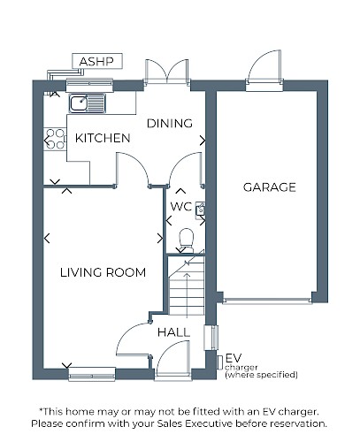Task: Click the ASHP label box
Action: (x=97, y=61)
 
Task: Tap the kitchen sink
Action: (x=88, y=103)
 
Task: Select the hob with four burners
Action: (x=55, y=140)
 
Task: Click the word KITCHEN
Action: (x=103, y=138)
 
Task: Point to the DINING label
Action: (x=170, y=124)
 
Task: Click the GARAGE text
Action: (x=270, y=187)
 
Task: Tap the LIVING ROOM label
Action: (x=103, y=272)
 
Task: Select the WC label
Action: (x=181, y=207)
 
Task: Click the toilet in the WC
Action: (x=187, y=240)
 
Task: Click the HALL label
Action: (x=173, y=332)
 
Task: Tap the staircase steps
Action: (x=187, y=286)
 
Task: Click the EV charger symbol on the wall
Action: (x=220, y=362)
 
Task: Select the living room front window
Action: (x=92, y=375)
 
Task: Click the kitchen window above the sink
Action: (x=89, y=85)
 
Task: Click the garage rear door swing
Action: (x=264, y=67)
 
